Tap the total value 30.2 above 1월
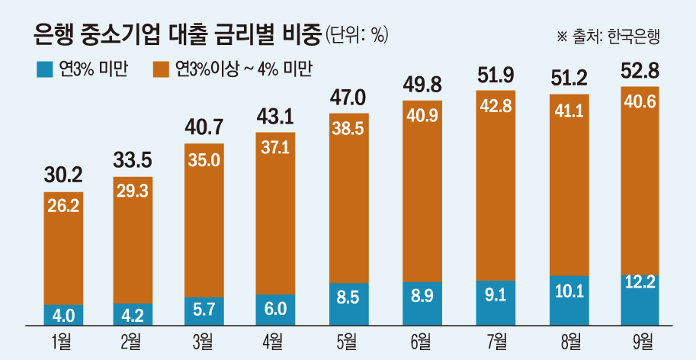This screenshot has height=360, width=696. (x=65, y=175)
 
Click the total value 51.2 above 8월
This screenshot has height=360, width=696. (x=569, y=77)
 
